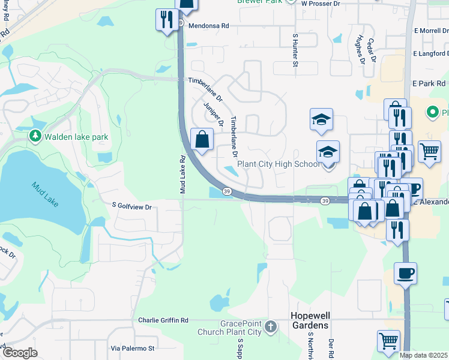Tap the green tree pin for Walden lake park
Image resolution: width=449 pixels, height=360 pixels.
pyautogui.click(x=35, y=137)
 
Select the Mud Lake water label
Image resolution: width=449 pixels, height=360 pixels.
pyautogui.click(x=45, y=194)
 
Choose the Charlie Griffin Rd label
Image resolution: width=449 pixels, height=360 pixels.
pyautogui.click(x=164, y=320)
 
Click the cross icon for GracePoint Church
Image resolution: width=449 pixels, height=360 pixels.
pyautogui.click(x=271, y=327)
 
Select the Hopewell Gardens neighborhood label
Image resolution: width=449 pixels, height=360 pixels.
pyautogui.click(x=309, y=320)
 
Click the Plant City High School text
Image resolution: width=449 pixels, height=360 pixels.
pyautogui.click(x=279, y=164)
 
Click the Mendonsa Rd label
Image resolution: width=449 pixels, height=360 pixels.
pyautogui.click(x=209, y=26)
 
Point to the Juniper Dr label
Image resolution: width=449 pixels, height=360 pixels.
pyautogui.click(x=213, y=114)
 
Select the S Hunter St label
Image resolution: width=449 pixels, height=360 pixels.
pyautogui.click(x=295, y=50)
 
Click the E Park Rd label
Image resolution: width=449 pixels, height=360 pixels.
pyautogui.click(x=429, y=83)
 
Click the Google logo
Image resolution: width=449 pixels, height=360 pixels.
pyautogui.click(x=20, y=353)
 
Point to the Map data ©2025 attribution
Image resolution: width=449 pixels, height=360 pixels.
pyautogui.click(x=424, y=355)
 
